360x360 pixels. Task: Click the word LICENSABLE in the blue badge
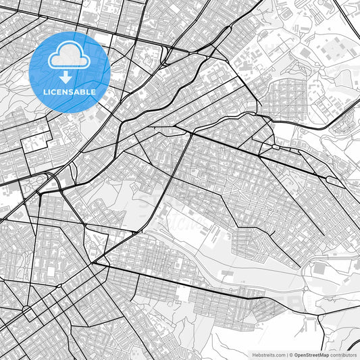[70, 91]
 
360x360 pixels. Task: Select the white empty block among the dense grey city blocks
[181, 293]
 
